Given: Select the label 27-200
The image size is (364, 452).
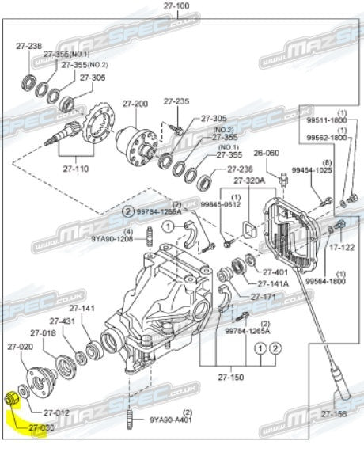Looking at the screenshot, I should point(135,104).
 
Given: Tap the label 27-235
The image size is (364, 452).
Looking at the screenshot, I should point(176,101).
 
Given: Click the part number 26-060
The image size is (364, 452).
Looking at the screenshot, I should point(267,153).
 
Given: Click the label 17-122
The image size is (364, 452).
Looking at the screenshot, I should point(341,247).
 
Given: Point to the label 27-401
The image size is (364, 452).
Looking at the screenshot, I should point(274,272).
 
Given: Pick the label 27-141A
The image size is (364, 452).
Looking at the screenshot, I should point(274,283).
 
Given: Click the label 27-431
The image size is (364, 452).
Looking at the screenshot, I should point(63,321).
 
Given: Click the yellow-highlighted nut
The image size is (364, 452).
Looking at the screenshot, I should point(11,399).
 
